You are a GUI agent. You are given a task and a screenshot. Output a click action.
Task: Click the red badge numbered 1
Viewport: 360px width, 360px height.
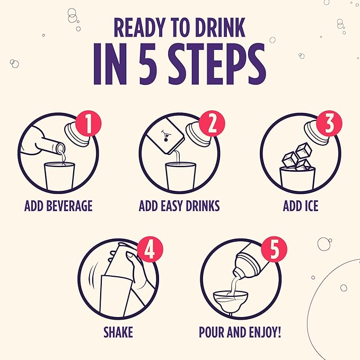click(88, 124)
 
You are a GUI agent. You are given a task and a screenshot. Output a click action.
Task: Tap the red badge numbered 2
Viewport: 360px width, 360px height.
click(212, 124)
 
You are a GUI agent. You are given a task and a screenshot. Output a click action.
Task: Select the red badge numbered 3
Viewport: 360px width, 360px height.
click(329, 124)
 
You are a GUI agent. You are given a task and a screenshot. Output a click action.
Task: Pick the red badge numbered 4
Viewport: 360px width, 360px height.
click(150, 249)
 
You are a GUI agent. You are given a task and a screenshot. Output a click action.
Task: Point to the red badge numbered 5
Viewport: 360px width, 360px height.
click(274, 249)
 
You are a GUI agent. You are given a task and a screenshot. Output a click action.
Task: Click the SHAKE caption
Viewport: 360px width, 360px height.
click(118, 332)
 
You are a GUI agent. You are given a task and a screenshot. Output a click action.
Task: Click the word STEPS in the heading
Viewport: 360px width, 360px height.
click(217, 64)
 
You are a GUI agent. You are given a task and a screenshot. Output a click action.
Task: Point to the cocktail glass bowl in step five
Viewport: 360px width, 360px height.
click(231, 300)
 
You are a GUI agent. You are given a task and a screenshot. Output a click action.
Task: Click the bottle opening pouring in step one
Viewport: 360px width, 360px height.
click(60, 148)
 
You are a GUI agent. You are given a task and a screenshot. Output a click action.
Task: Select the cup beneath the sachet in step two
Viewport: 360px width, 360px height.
click(181, 176)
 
